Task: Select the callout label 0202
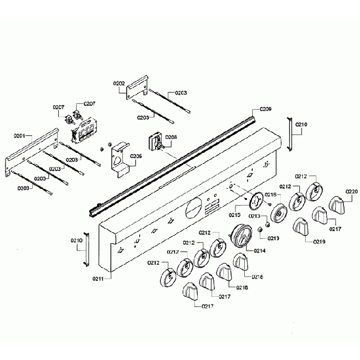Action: pyautogui.click(x=119, y=83)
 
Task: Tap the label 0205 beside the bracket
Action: pyautogui.click(x=136, y=156)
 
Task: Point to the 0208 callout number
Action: pyautogui.click(x=171, y=136)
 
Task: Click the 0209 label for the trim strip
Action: pyautogui.click(x=265, y=110)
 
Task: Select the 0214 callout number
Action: pyautogui.click(x=259, y=251)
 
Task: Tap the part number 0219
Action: pyautogui.click(x=318, y=241)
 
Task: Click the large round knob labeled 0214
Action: pyautogui.click(x=241, y=236)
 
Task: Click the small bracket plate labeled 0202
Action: pyautogui.click(x=138, y=87)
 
